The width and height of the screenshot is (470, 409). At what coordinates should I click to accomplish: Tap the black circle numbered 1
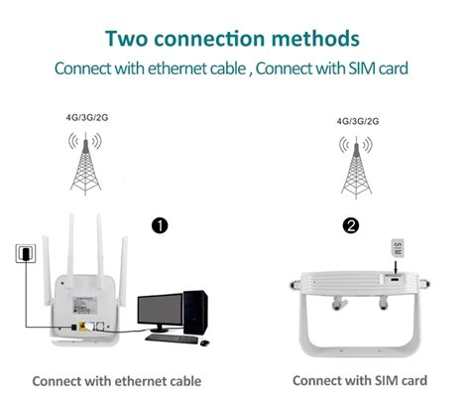pos(159,226)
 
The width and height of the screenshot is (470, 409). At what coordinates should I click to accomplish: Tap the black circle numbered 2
pos(350,226)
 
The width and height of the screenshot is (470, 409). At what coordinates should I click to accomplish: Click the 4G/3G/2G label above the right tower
pos(358,122)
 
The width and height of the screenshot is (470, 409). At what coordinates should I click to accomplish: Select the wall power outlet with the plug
pos(20,255)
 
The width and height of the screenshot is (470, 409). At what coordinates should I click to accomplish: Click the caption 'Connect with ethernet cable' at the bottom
pos(116,380)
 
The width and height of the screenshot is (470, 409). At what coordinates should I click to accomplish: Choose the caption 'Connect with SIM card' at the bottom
pos(360,380)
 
